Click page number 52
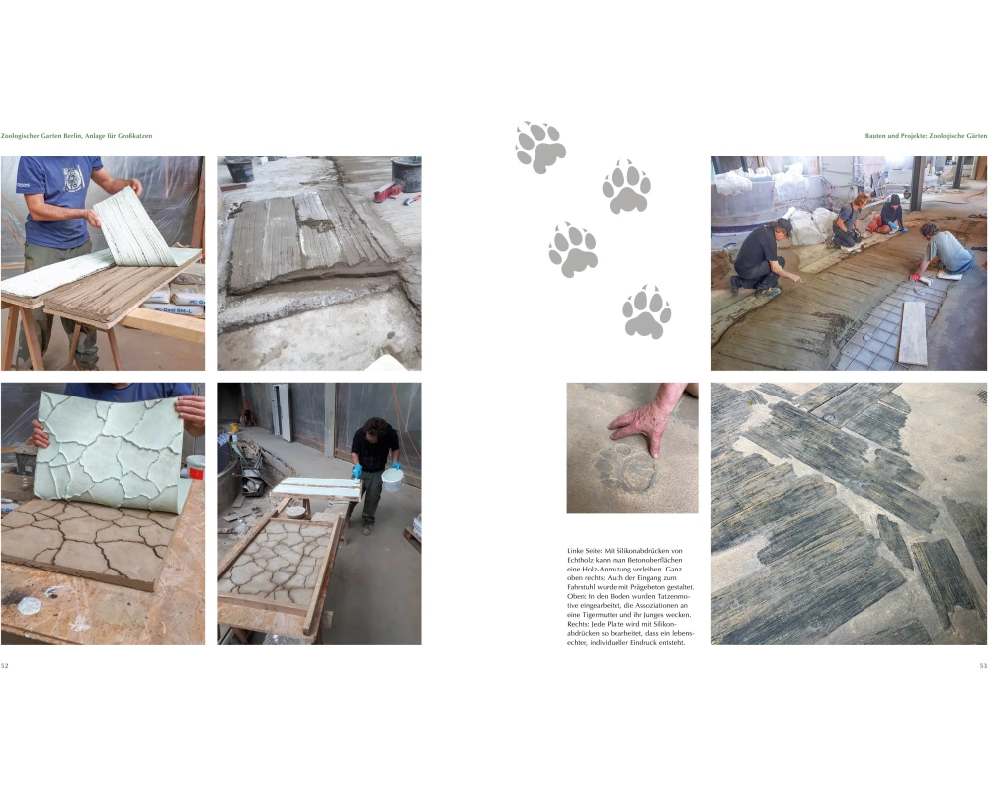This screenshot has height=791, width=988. click(x=4, y=666)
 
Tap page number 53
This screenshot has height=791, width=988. click(x=983, y=666)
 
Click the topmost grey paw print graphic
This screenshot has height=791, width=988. click(x=540, y=147)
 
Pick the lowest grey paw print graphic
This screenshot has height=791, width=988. click(x=646, y=311)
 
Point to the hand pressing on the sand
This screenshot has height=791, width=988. click(x=649, y=419)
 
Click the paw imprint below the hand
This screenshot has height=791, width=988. click(x=625, y=469)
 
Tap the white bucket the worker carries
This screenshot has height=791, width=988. click(x=392, y=480)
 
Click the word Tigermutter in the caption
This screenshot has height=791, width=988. click(x=601, y=614)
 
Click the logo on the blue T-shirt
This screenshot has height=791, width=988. click(x=73, y=177)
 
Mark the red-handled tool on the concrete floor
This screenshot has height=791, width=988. click(x=388, y=191)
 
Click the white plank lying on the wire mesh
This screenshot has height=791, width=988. click(x=914, y=332)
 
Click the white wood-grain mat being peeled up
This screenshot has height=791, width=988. click(x=135, y=227)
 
